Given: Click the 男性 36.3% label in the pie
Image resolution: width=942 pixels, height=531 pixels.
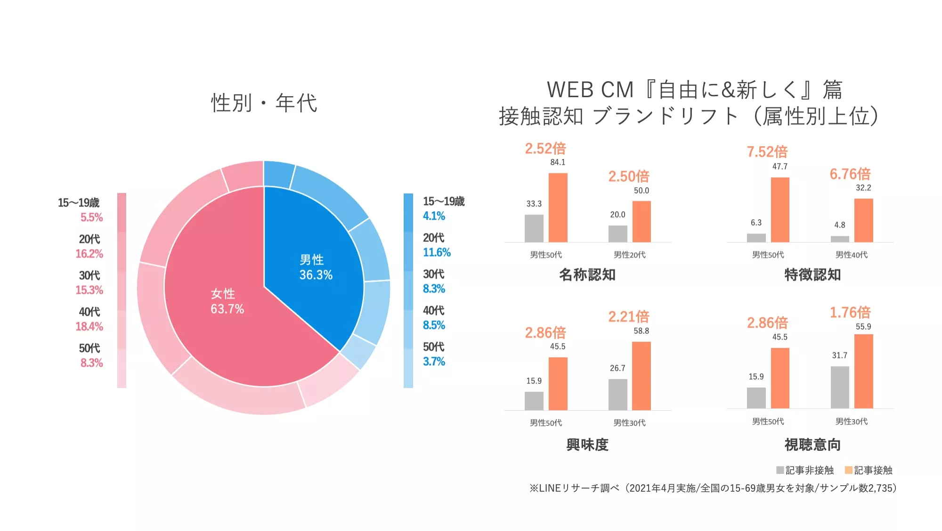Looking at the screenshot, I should [x=316, y=267].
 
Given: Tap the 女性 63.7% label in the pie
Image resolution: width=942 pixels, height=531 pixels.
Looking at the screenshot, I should [x=227, y=301].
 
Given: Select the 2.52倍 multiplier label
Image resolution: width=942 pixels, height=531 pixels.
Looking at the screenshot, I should [x=545, y=149].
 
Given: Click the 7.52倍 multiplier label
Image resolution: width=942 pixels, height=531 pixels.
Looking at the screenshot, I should [x=767, y=152].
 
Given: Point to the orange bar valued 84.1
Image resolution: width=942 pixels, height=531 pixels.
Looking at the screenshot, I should [x=558, y=207].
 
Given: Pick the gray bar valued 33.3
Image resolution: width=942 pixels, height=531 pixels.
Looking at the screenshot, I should [x=534, y=228].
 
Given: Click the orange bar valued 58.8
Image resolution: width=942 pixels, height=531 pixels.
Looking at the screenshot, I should [x=641, y=376].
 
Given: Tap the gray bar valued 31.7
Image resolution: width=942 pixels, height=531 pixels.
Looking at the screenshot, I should [x=840, y=387].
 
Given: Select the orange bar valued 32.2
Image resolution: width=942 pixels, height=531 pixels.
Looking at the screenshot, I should [x=863, y=220].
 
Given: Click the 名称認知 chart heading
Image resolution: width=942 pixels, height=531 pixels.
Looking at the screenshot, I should [x=587, y=274].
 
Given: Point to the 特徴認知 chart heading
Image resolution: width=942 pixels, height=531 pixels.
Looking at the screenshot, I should [x=812, y=274].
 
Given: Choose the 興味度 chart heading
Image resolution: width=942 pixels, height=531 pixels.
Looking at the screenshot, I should [x=587, y=444].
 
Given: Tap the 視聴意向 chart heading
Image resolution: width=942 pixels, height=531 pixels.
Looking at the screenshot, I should [x=812, y=444].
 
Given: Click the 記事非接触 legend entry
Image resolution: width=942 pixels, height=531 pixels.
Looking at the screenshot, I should [x=805, y=470].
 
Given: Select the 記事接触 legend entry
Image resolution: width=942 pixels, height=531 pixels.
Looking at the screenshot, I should [x=869, y=470].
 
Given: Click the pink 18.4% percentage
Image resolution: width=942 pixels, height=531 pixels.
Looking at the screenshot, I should [x=89, y=326].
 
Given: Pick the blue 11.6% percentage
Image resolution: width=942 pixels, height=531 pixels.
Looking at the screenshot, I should [x=437, y=252].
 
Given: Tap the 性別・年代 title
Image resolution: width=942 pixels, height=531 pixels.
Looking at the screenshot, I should [x=264, y=103].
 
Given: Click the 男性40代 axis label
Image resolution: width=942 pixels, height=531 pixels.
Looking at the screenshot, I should [x=851, y=255].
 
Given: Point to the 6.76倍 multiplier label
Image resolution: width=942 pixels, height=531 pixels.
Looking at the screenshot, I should [x=850, y=174].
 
